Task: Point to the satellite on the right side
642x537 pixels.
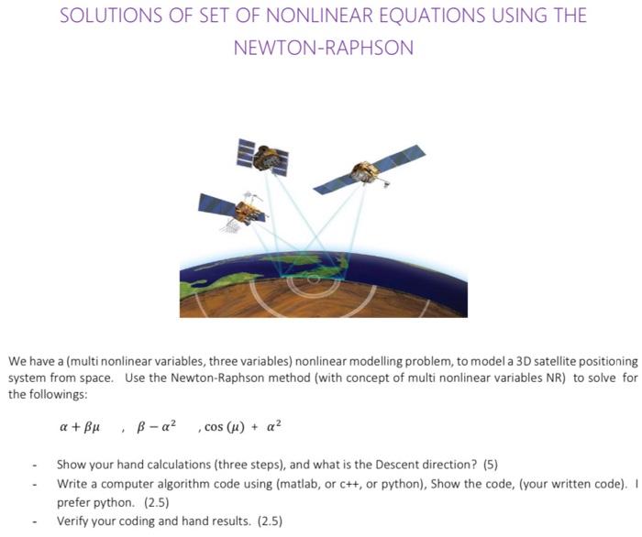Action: point(369,171)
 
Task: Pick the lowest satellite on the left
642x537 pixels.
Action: point(240,209)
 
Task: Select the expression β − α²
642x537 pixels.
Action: point(158,426)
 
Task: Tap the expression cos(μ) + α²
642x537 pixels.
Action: point(244,426)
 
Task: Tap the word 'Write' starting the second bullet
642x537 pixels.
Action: point(72,482)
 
